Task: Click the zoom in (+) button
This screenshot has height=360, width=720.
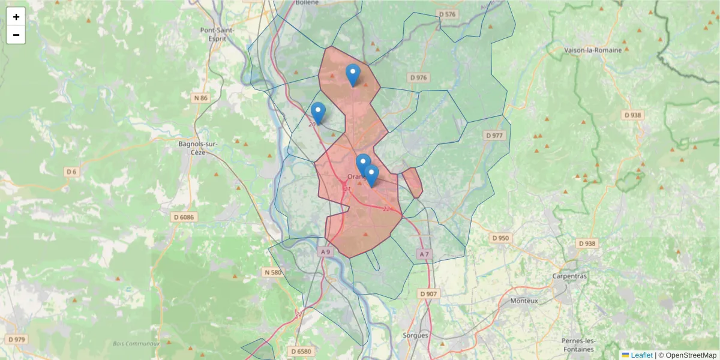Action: tap(16, 17)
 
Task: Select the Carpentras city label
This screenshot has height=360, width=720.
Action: tap(569, 276)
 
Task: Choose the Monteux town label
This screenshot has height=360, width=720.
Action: tap(524, 301)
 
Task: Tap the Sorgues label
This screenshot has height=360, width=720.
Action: tap(415, 335)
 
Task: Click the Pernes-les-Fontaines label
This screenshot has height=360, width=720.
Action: tap(578, 345)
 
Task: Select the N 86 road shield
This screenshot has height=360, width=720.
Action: tap(200, 98)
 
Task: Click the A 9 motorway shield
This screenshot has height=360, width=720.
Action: tap(325, 252)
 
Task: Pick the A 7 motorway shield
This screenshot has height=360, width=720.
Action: tap(424, 254)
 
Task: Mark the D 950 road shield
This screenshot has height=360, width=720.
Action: tap(500, 238)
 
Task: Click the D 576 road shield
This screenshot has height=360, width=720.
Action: tap(447, 14)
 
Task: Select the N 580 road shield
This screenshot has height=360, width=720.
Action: tap(272, 272)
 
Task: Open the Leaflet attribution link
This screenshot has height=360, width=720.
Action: tap(641, 355)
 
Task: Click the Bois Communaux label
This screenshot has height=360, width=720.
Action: tap(136, 344)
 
